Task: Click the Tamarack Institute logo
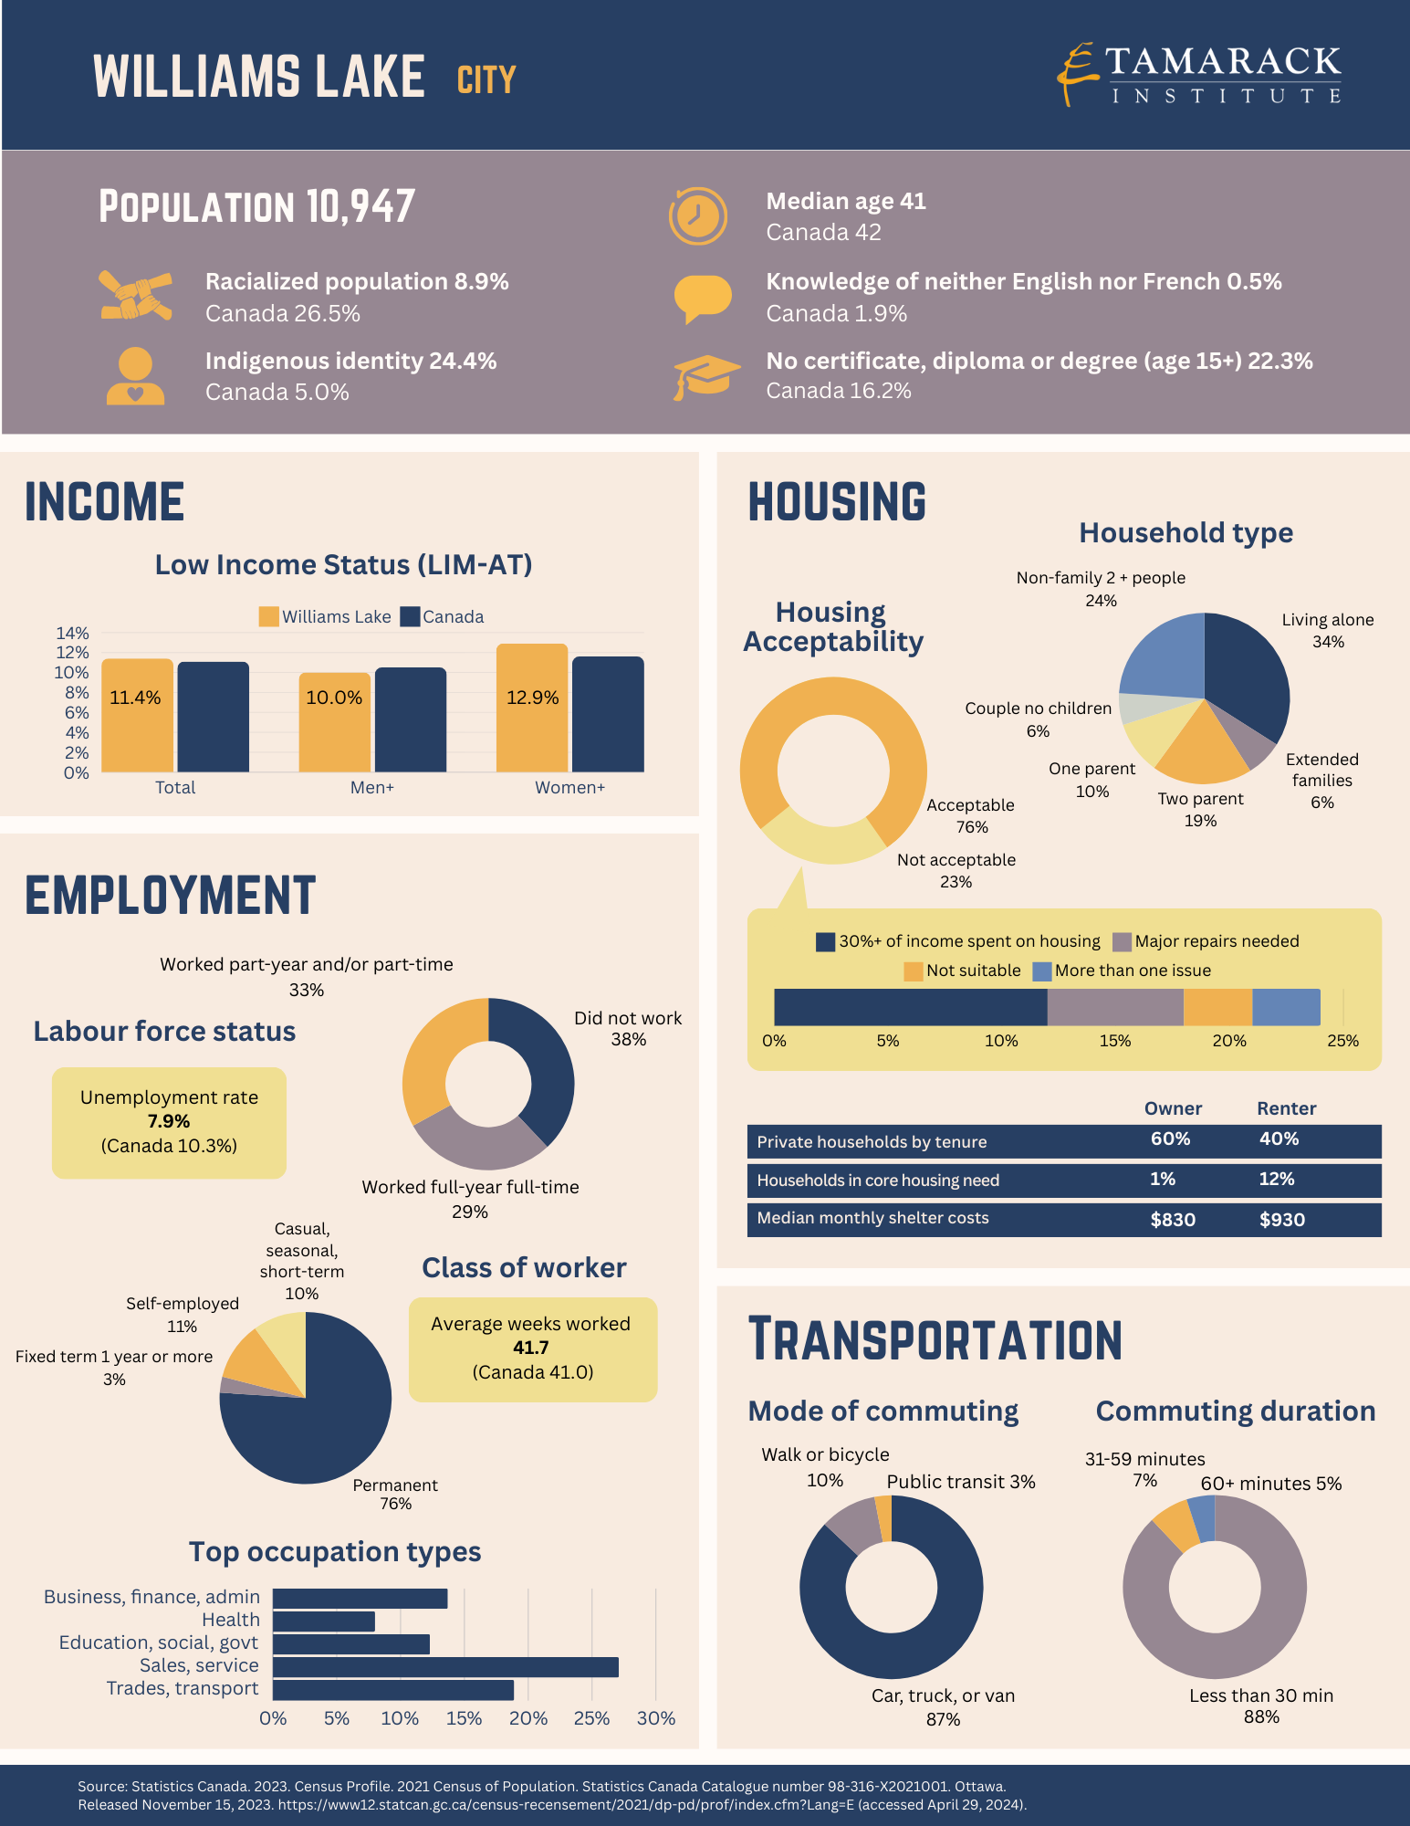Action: tap(1199, 75)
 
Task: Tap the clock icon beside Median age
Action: tap(698, 216)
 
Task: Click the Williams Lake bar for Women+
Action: tap(532, 708)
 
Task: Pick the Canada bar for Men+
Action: tap(411, 719)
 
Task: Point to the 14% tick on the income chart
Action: tap(73, 633)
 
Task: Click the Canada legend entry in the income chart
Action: tap(443, 616)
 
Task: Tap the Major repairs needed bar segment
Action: tap(1115, 1007)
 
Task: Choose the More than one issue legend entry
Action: tap(1122, 971)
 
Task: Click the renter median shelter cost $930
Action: tap(1282, 1220)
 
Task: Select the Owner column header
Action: tap(1173, 1108)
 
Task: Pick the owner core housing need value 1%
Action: tap(1163, 1179)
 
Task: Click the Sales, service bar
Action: tap(445, 1667)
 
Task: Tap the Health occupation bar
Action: tap(324, 1621)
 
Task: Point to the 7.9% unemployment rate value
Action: tap(169, 1121)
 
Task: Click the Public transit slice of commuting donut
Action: tap(883, 1518)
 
